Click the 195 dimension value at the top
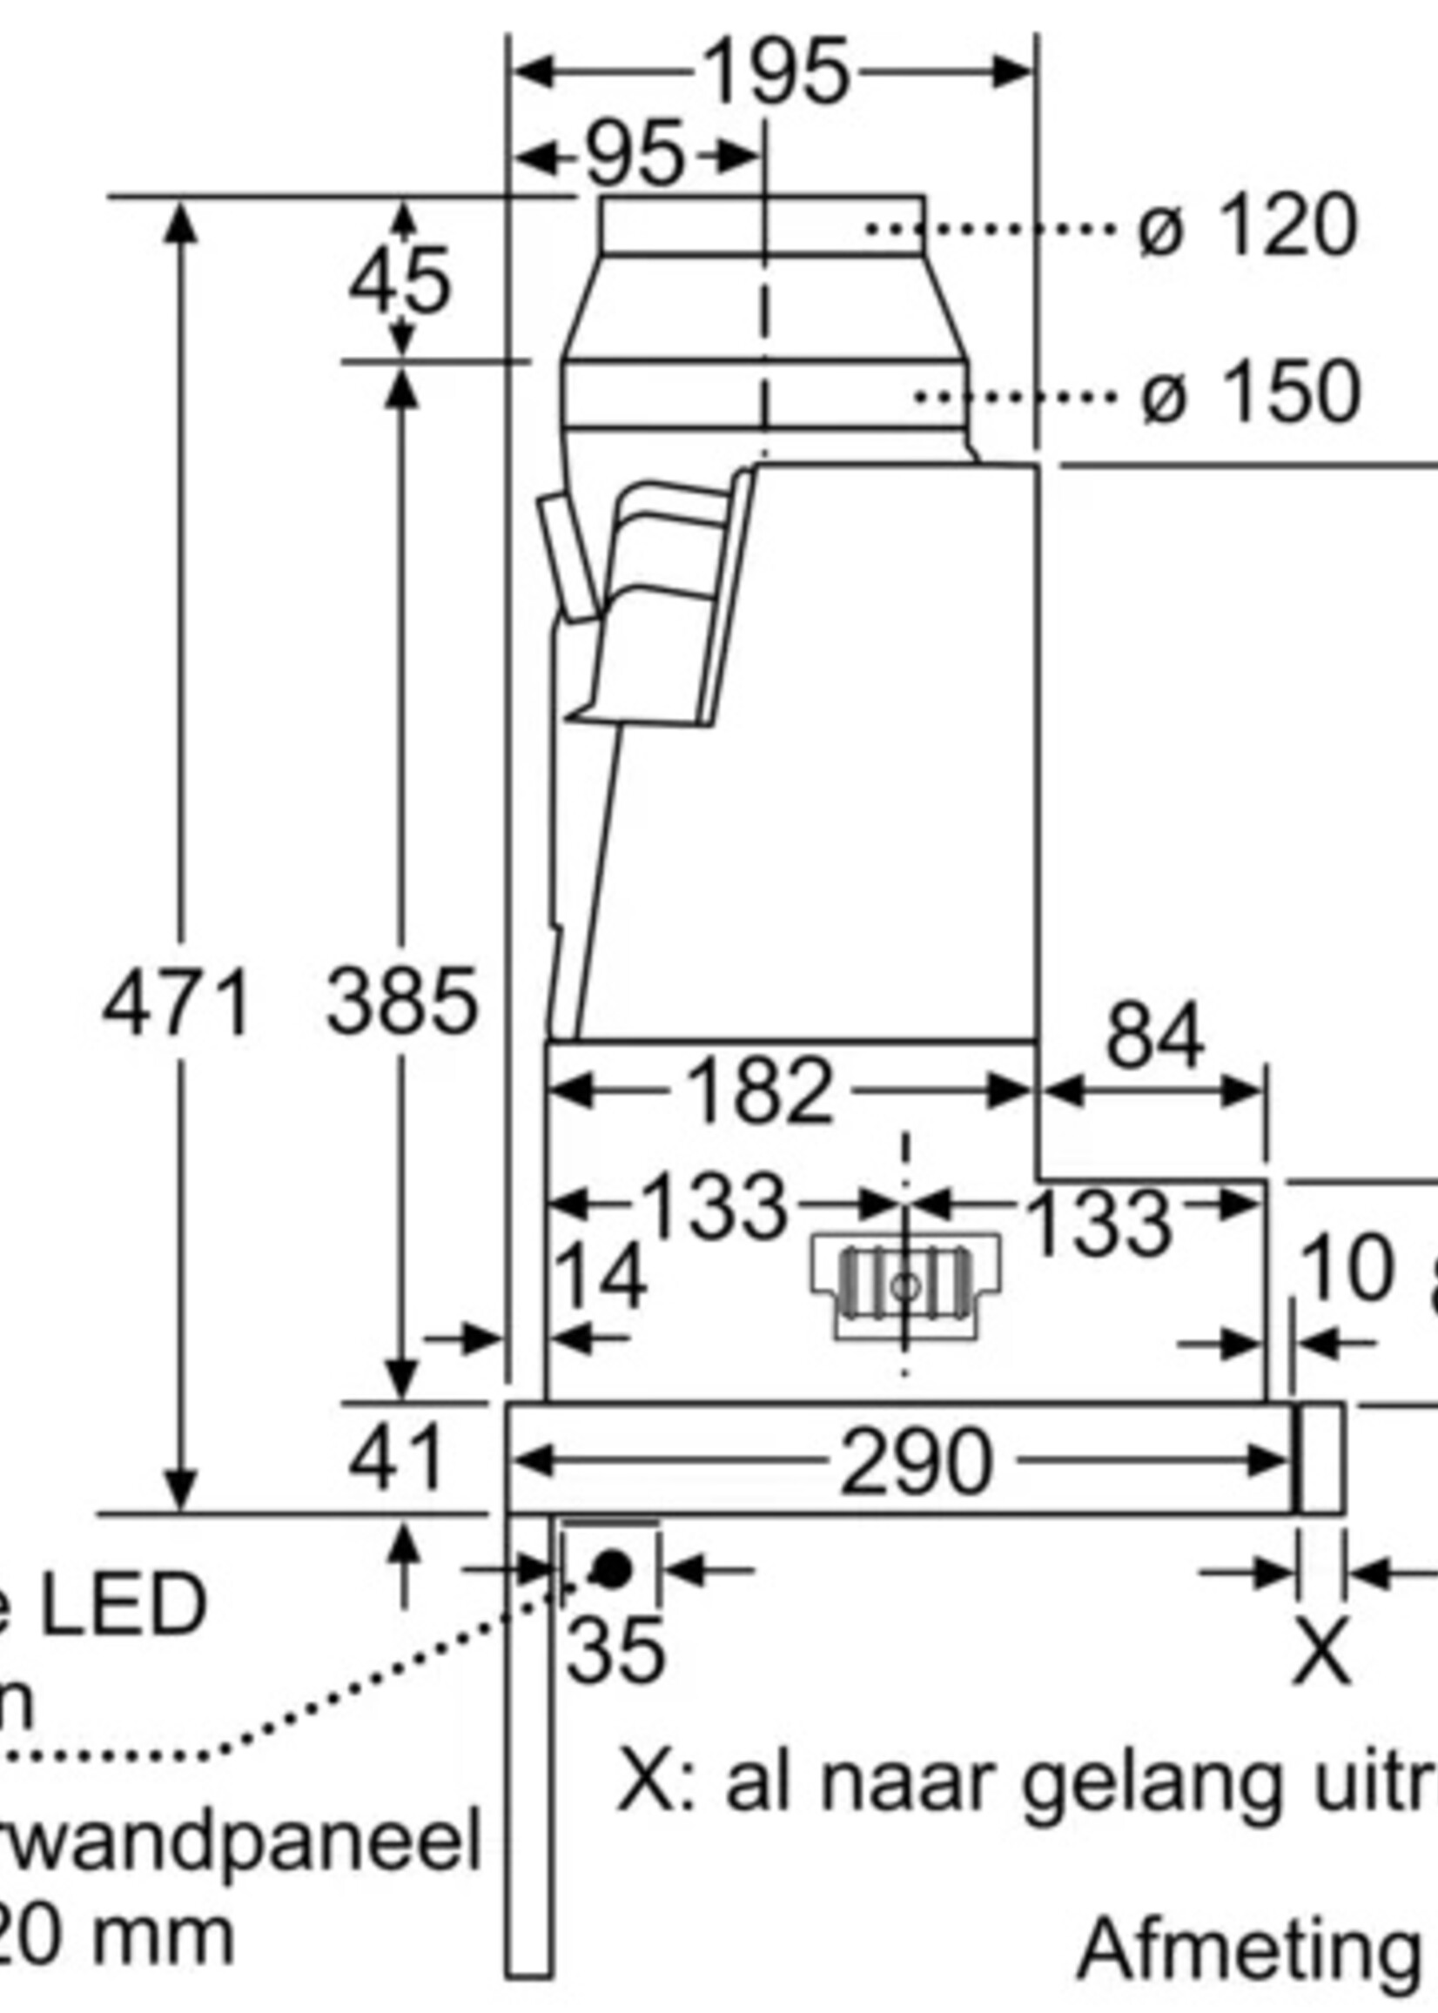point(776,72)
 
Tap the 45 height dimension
point(400,281)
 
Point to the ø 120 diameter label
point(1246,227)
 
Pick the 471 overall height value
point(176,1003)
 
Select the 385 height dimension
point(401,1002)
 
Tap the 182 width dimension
point(760,1091)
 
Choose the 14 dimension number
point(600,1278)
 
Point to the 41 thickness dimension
point(396,1459)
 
